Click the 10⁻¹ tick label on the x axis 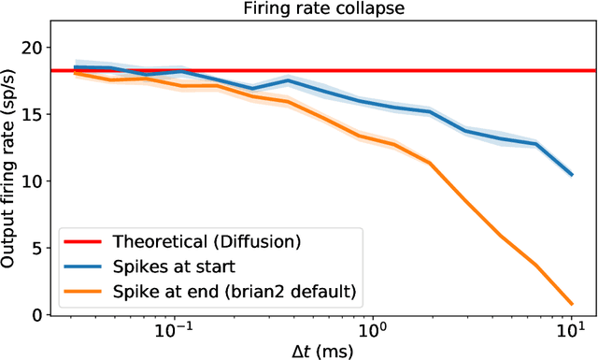point(174,330)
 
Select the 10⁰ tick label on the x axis point(373,330)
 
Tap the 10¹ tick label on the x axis point(571,330)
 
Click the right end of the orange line point(571,304)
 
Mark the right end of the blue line point(571,174)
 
